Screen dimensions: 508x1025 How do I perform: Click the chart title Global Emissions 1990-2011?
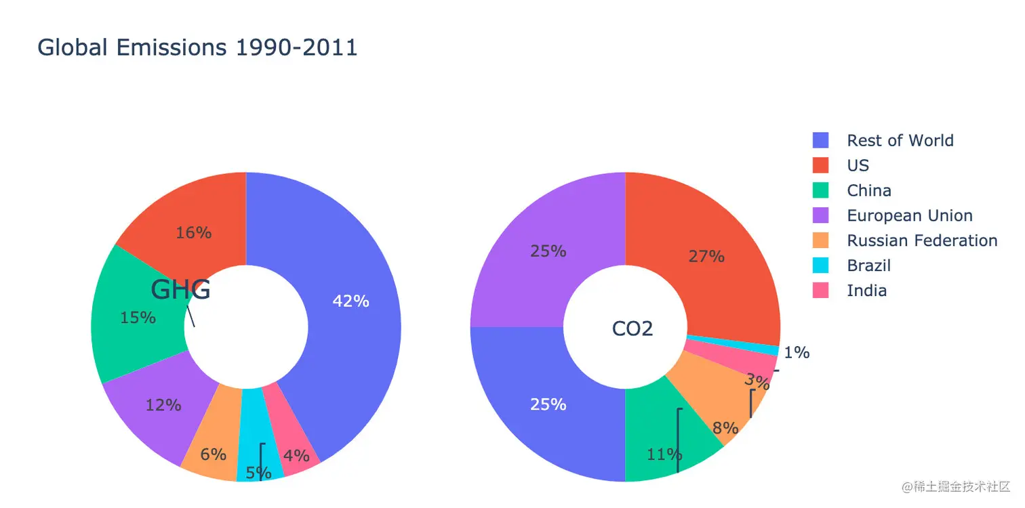(x=197, y=47)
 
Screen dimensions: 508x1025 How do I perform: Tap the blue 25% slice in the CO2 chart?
(x=548, y=404)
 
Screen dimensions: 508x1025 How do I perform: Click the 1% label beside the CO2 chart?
(x=797, y=352)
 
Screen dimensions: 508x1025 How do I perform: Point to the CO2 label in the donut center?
(x=632, y=329)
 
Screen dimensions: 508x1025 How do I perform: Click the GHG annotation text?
(x=180, y=290)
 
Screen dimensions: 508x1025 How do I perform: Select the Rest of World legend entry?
(x=900, y=141)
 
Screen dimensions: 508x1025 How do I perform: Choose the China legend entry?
(x=868, y=191)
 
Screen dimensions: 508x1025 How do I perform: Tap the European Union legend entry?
(x=909, y=216)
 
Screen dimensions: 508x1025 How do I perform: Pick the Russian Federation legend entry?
(x=921, y=241)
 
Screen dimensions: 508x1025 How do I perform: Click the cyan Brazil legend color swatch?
(x=820, y=266)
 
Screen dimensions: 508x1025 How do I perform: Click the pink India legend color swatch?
(x=820, y=291)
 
